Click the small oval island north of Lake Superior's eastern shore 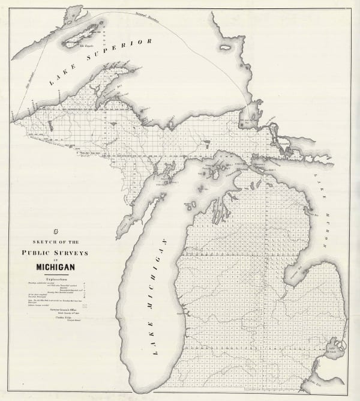coord(226,46)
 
